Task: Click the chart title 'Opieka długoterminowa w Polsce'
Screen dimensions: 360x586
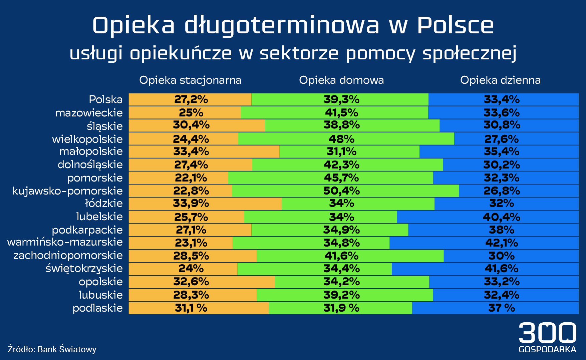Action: click(x=293, y=25)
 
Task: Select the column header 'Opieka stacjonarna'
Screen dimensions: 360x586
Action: click(x=190, y=80)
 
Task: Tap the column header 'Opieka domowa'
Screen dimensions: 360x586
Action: click(x=341, y=80)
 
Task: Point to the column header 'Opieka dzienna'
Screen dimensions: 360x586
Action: click(x=500, y=80)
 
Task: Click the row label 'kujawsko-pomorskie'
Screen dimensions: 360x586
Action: click(x=68, y=191)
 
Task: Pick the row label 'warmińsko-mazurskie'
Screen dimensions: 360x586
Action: click(x=65, y=242)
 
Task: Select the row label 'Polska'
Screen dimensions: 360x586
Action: click(x=106, y=99)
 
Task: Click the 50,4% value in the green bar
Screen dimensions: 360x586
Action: click(x=341, y=191)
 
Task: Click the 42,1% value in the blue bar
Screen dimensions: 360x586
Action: click(x=501, y=243)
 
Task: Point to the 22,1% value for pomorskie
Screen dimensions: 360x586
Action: click(x=191, y=178)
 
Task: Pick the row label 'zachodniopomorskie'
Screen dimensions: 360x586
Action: click(x=68, y=256)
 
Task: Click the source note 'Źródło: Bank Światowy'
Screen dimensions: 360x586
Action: click(x=52, y=349)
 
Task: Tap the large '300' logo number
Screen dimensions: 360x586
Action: click(x=547, y=333)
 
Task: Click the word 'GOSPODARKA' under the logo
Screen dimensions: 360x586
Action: click(x=547, y=350)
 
